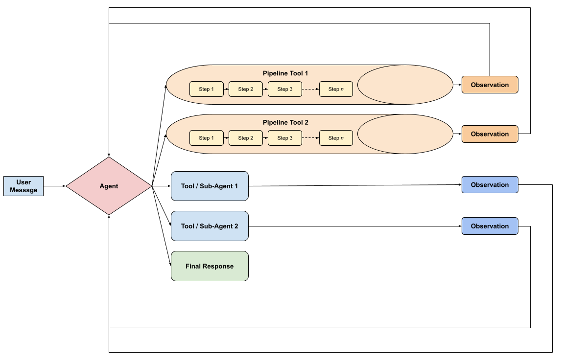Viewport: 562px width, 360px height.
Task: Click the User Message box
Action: pos(23,186)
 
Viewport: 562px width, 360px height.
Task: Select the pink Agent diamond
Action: pos(109,186)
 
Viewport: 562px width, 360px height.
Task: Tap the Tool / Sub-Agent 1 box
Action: pos(210,186)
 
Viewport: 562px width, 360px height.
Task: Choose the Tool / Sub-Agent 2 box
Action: pos(210,226)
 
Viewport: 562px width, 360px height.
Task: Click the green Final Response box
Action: pos(210,266)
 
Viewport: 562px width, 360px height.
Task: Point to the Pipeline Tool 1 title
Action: pos(285,73)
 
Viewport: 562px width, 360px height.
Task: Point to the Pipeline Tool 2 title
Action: pos(285,123)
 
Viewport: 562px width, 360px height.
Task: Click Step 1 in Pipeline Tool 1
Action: pos(207,89)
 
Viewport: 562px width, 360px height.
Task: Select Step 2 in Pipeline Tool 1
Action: pos(246,89)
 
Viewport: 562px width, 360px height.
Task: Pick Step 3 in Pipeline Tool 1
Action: pos(285,89)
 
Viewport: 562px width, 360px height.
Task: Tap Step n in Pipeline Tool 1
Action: pos(336,89)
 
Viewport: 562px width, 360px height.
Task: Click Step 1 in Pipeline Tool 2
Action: pos(207,138)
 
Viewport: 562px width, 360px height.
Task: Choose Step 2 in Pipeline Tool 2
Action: pos(246,138)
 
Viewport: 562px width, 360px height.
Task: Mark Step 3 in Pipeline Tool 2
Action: pos(285,138)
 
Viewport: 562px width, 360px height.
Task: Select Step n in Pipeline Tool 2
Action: pos(336,138)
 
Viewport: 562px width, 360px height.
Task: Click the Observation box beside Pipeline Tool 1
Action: pos(490,85)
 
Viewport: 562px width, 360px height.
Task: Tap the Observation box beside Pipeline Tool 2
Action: pos(490,134)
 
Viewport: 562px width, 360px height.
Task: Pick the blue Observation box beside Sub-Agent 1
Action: pos(490,185)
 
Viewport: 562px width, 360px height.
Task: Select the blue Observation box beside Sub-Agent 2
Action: pos(490,226)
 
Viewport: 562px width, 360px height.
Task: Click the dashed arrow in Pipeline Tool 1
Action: pos(310,89)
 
